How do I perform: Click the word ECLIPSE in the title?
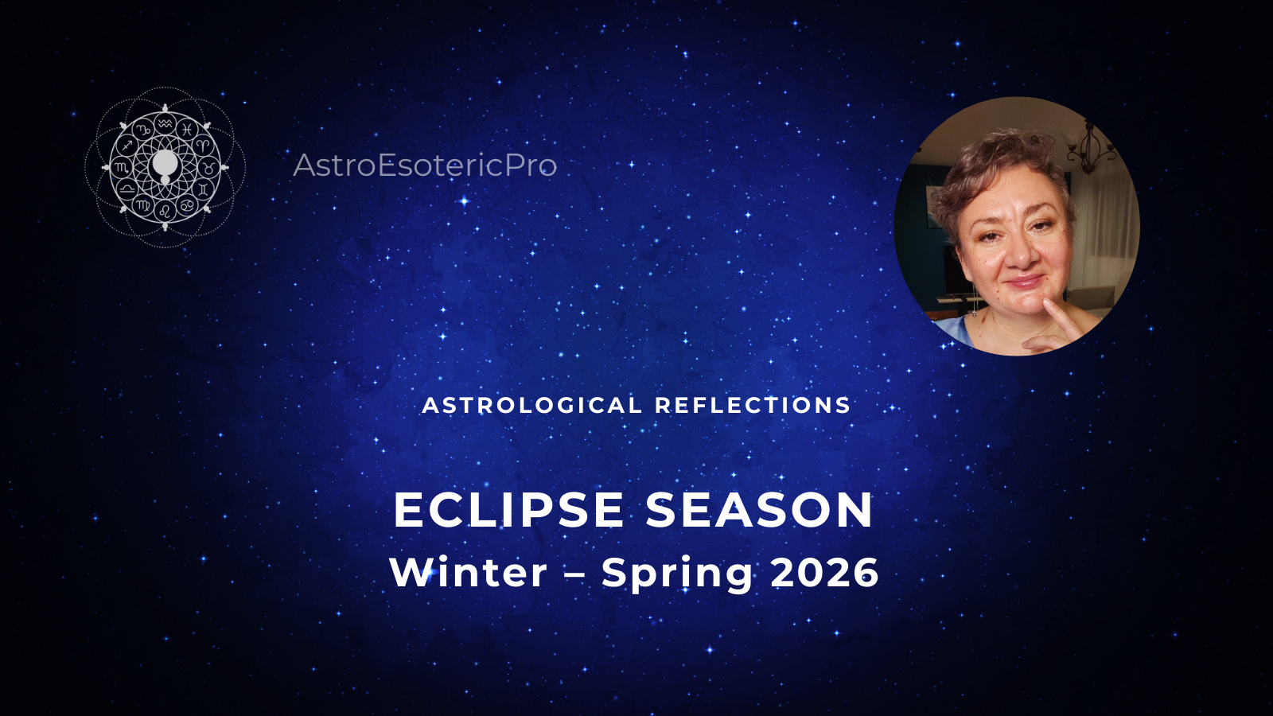(508, 510)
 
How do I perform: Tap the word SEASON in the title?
(759, 510)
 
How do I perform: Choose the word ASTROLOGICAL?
(532, 405)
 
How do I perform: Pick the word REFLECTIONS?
(753, 405)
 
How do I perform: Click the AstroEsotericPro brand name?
(425, 165)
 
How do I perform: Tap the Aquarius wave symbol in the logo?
(164, 123)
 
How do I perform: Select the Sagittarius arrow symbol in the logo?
(127, 146)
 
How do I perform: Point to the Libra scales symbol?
(127, 188)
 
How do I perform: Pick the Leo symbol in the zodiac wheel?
(165, 211)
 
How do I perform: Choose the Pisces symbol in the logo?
(186, 129)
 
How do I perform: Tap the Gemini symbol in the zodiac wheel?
(203, 188)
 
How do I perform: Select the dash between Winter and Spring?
(574, 575)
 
